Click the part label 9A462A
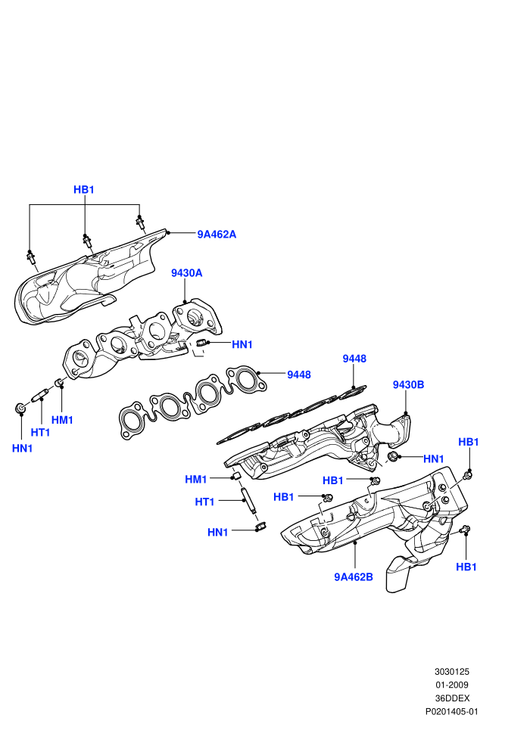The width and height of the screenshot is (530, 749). (x=217, y=235)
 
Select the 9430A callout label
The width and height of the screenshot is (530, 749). (x=187, y=273)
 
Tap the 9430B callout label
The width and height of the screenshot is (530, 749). (x=408, y=384)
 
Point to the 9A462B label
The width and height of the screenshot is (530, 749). (x=353, y=577)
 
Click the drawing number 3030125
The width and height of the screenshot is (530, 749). (x=451, y=672)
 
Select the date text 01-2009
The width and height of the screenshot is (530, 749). (x=451, y=685)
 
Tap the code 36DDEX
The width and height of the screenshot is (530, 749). (x=452, y=698)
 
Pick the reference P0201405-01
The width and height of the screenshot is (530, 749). (x=451, y=712)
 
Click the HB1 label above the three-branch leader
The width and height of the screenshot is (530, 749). (x=83, y=190)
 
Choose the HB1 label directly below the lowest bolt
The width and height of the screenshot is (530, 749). (x=466, y=567)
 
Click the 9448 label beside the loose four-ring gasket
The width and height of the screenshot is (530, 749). (x=298, y=375)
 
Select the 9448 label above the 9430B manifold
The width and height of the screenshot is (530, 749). (x=354, y=359)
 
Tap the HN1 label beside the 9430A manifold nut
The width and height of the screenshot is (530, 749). (x=242, y=344)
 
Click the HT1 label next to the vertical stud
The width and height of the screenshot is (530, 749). (x=204, y=502)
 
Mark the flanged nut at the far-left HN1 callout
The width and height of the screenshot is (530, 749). (x=20, y=409)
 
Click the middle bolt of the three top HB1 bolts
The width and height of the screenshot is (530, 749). (x=87, y=241)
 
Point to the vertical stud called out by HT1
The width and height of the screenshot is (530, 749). (x=249, y=501)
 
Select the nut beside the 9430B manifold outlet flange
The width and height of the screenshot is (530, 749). (x=393, y=455)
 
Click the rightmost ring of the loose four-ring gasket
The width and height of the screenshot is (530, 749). (x=245, y=380)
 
